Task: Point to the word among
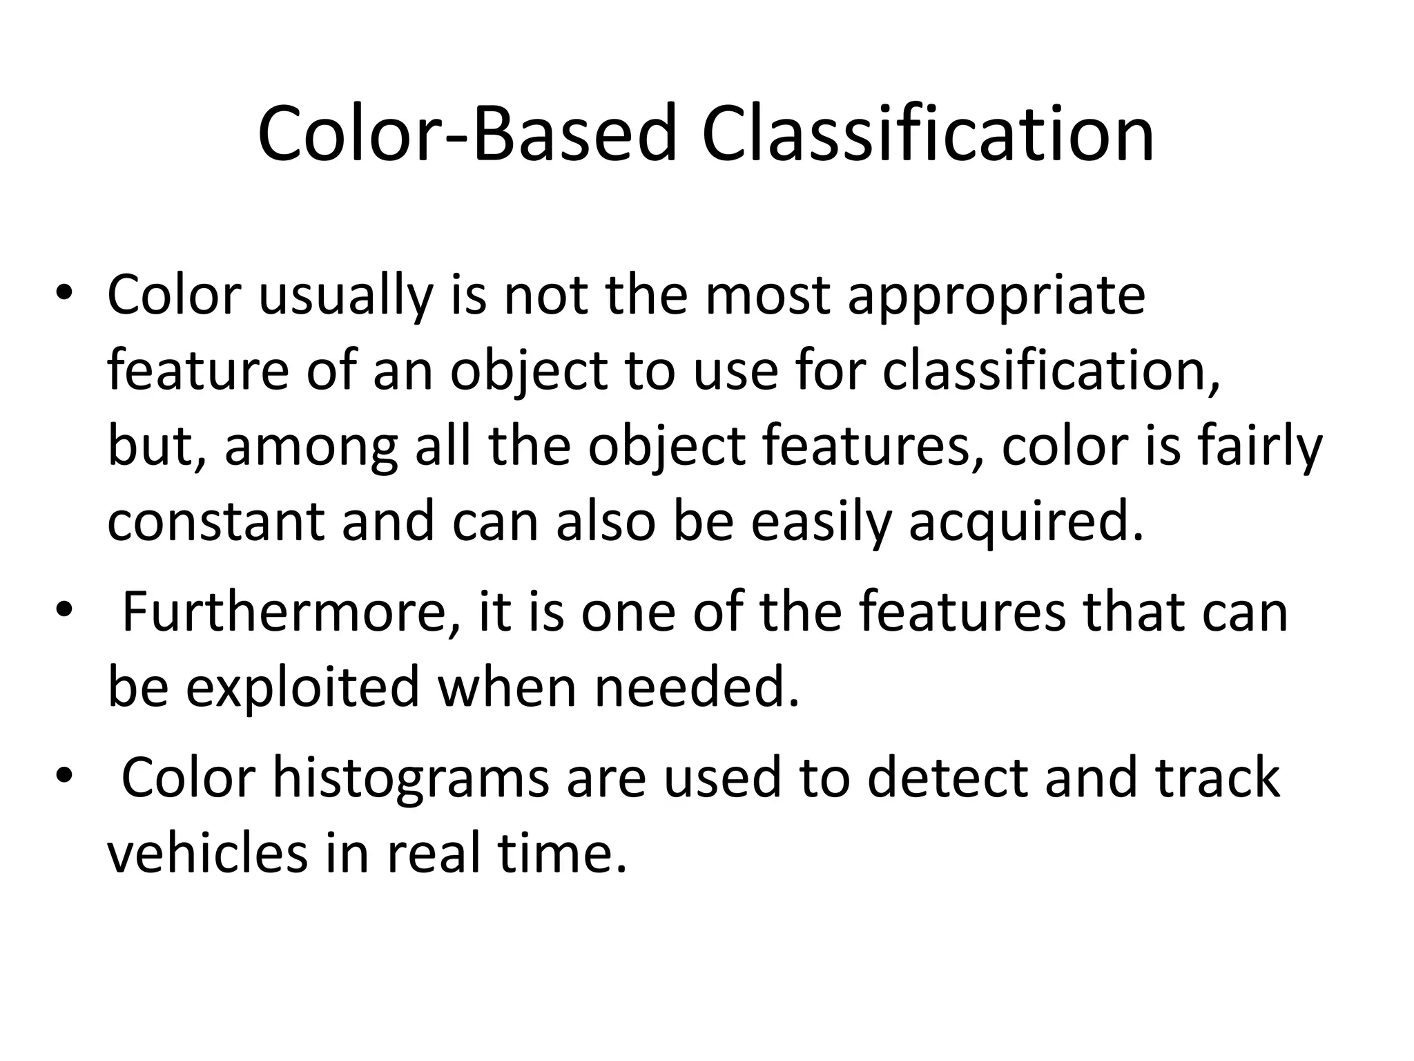(x=311, y=448)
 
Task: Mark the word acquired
(x=1026, y=522)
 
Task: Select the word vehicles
(x=207, y=853)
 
